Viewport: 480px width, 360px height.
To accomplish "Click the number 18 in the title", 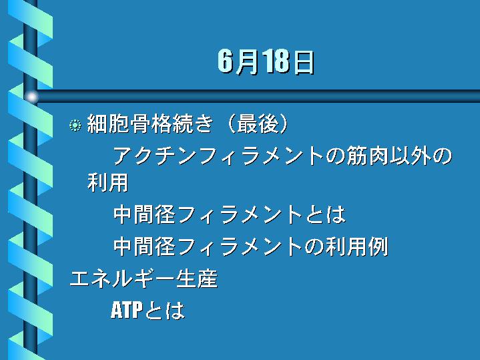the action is [277, 61].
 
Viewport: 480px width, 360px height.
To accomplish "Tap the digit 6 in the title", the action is [225, 61].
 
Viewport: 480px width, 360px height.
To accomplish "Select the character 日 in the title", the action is [303, 62].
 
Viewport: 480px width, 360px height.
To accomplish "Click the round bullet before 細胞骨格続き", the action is [75, 125].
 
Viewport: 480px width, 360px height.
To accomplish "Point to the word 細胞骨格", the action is [129, 124].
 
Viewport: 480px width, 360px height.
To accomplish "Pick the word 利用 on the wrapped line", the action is [107, 183].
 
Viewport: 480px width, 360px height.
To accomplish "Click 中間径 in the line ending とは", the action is [144, 214].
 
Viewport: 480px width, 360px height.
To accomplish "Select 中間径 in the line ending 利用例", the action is [144, 246].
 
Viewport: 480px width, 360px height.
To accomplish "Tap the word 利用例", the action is [356, 246].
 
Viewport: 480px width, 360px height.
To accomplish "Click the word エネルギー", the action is [123, 279].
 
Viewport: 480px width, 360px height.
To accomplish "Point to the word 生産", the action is [197, 279].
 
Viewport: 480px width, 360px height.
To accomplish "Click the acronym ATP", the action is [127, 310].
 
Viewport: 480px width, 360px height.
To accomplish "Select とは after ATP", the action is [165, 310].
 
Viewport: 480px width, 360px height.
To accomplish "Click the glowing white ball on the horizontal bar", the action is [31, 97].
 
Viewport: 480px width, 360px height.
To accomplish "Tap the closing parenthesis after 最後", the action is [284, 124].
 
